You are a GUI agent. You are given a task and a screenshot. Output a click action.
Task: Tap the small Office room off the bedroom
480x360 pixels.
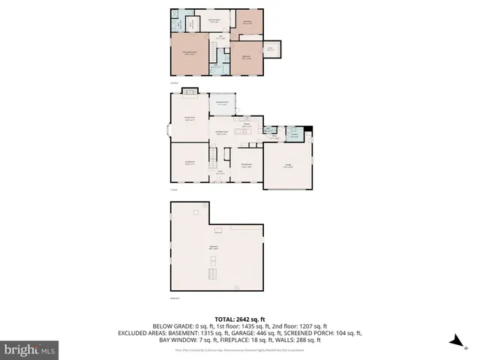pyautogui.click(x=270, y=49)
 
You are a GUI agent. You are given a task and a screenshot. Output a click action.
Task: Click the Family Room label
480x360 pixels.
pyautogui.click(x=190, y=118)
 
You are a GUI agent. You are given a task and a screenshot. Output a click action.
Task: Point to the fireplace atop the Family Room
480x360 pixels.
pyautogui.click(x=190, y=93)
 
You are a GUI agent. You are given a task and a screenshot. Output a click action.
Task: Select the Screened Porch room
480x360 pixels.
pyautogui.click(x=222, y=103)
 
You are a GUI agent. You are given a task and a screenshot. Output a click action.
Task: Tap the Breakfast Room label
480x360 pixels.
pyautogui.click(x=223, y=133)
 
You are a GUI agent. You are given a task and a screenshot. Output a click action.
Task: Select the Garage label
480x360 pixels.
pyautogui.click(x=288, y=166)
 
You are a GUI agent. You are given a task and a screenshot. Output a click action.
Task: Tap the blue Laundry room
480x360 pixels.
pyautogui.click(x=296, y=134)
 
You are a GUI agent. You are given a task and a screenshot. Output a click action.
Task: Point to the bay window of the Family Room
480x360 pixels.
pyautogui.click(x=168, y=130)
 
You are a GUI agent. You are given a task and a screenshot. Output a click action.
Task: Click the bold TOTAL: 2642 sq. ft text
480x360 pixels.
pyautogui.click(x=240, y=318)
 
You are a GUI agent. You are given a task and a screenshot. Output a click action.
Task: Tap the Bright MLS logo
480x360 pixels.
pyautogui.click(x=30, y=350)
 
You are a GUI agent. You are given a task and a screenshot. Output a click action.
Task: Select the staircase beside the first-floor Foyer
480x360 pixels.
pyautogui.click(x=212, y=158)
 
